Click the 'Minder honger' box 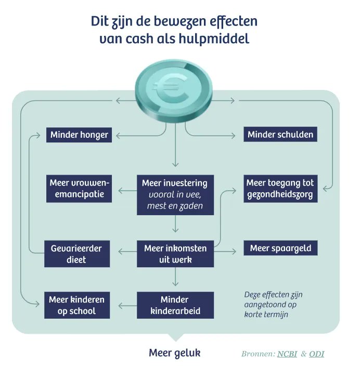coord(79,135)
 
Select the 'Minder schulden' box coord(280,135)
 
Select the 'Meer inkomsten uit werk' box coord(175,254)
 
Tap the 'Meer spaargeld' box coord(280,249)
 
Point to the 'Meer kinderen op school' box coord(76,306)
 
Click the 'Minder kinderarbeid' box coord(175,306)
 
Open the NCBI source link coord(288,354)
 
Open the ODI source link coord(316,354)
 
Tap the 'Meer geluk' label coord(175,353)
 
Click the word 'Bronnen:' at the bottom coord(258,354)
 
